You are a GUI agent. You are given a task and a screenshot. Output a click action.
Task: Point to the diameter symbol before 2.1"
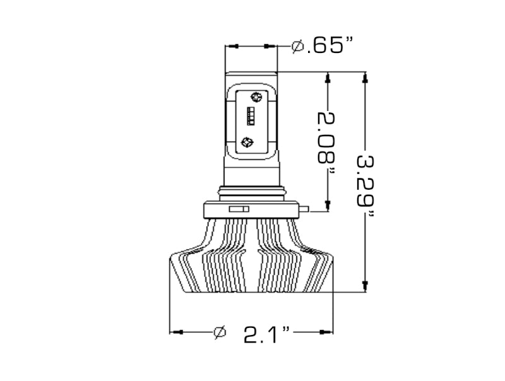point(220,332)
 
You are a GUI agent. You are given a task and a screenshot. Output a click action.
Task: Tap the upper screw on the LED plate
point(256,97)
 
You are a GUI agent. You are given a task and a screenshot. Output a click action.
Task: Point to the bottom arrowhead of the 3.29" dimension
point(364,286)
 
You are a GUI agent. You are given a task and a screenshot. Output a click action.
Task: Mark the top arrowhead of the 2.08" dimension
point(328,78)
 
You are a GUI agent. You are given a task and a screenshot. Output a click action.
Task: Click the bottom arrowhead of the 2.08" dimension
point(328,203)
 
